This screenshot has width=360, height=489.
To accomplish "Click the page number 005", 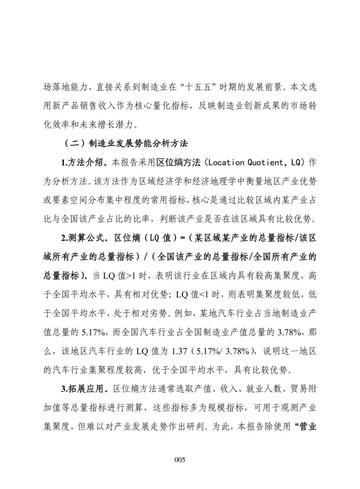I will pos(180,460).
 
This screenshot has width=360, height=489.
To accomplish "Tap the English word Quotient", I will pos(265,162).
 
